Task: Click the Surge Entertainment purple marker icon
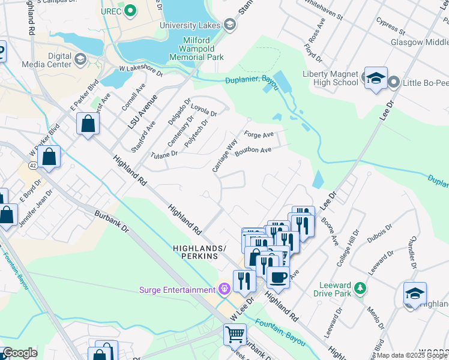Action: (224, 290)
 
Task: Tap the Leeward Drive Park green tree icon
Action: (360, 288)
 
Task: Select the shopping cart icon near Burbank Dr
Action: (235, 334)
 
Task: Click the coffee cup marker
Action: (278, 277)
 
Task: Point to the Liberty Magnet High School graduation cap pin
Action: (376, 78)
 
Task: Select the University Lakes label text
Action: (191, 25)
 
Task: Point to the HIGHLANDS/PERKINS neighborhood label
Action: (199, 251)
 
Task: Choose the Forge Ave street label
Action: (259, 134)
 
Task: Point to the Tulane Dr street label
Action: (164, 154)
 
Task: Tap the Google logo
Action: (20, 353)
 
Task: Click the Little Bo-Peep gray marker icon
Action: (394, 82)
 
